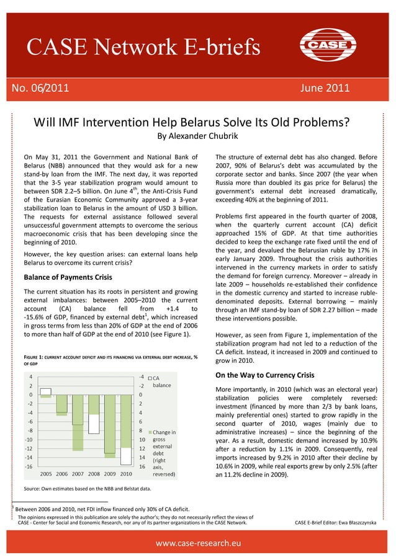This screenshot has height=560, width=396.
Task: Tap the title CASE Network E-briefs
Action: click(x=143, y=47)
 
